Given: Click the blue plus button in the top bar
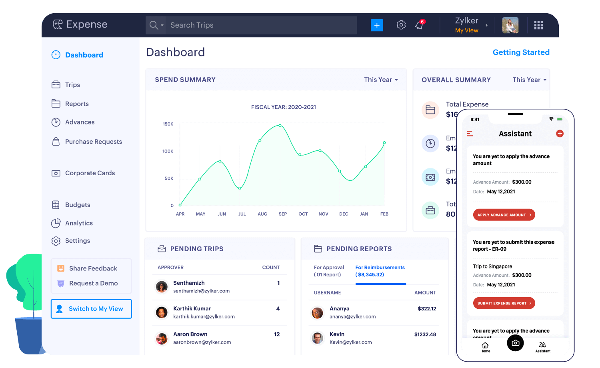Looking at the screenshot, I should tap(377, 25).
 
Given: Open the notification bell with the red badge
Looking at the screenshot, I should tap(419, 25).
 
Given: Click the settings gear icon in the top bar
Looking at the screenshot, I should tap(401, 25).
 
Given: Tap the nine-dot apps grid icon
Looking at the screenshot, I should tap(538, 25).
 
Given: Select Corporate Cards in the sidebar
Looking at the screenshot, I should tap(90, 173).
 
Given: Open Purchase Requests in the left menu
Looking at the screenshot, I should tap(93, 142).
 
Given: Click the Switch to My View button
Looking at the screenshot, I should tap(91, 309).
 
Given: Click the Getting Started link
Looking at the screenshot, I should tap(521, 52).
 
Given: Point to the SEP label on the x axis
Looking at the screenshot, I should tap(283, 214).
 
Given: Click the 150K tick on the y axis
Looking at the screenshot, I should tap(168, 124).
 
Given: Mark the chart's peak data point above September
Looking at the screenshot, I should tap(280, 126).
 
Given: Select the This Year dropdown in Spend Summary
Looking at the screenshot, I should tap(381, 80).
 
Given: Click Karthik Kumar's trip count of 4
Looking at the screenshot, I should tap(278, 308).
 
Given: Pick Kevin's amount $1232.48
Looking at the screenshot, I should tap(425, 334).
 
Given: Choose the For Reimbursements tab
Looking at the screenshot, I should tap(380, 271).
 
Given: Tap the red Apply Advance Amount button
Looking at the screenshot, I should tap(504, 215).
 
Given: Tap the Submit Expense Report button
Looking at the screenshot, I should tap(504, 303).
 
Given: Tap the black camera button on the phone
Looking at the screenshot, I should tap(515, 343).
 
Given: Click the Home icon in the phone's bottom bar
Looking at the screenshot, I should tap(485, 346).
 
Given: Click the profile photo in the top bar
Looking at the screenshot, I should tap(510, 25).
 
